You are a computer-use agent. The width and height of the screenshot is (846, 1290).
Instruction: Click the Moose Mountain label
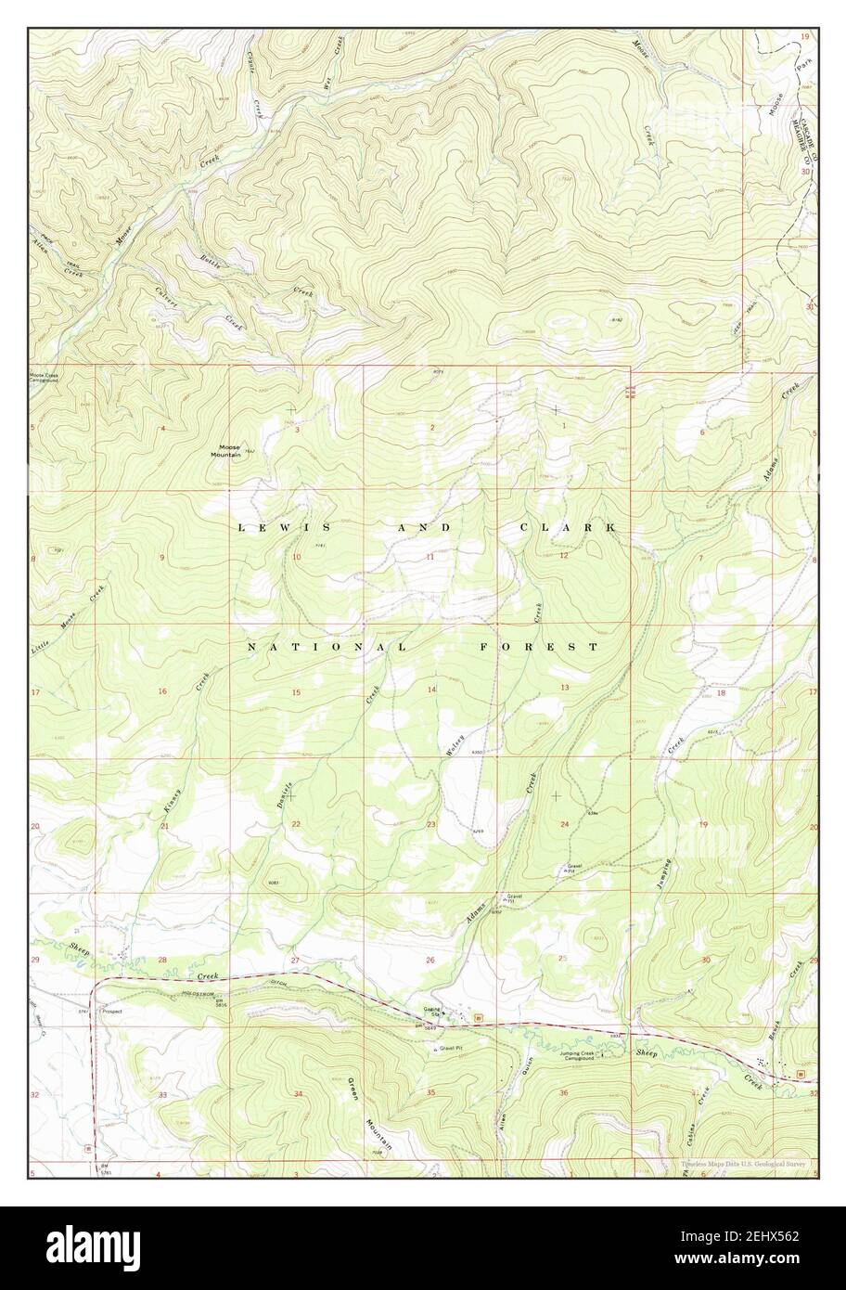(x=224, y=451)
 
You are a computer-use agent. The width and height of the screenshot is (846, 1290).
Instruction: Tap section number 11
(x=430, y=557)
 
